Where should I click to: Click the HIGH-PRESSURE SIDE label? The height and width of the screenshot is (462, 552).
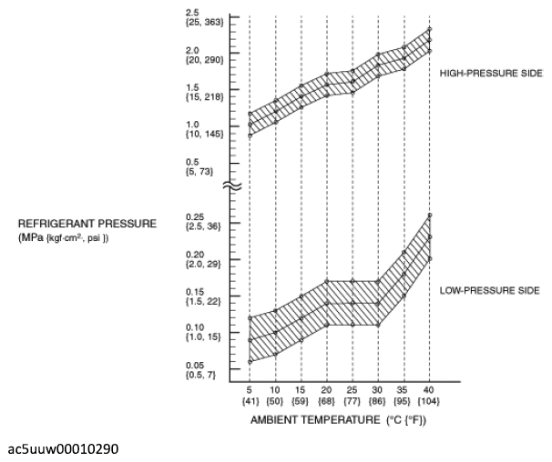pos(491,73)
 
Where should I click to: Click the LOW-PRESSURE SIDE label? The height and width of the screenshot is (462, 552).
pos(490,290)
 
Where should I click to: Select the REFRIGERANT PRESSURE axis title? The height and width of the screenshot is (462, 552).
pos(87,224)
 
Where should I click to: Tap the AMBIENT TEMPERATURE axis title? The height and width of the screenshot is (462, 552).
pos(315,420)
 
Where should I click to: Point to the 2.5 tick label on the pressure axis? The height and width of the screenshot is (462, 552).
pos(192,13)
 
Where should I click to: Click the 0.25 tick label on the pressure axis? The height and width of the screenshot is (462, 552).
pos(195,217)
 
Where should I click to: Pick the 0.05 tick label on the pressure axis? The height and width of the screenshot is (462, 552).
pos(195,366)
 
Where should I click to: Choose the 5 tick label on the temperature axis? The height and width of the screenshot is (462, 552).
pos(250,390)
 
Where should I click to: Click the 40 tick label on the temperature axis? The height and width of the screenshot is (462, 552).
pos(428,390)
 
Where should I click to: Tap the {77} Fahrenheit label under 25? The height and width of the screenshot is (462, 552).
pos(352,401)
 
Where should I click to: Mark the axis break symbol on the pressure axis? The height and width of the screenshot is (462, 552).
pos(232,186)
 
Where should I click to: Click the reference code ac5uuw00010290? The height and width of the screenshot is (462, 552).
pos(63,449)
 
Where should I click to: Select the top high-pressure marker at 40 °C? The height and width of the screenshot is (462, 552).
pos(430,29)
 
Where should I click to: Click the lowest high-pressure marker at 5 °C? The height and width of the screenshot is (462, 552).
pos(250,136)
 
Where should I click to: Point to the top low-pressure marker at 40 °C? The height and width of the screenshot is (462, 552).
pos(430,216)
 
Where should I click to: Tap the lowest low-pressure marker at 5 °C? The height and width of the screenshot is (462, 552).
pos(250,362)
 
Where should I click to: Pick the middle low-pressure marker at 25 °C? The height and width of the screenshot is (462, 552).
pos(353,303)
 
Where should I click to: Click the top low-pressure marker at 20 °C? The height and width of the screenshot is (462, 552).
pos(327,281)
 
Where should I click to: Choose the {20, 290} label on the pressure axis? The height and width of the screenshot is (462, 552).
pos(205,60)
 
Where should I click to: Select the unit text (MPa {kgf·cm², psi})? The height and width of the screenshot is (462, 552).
pos(64,238)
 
